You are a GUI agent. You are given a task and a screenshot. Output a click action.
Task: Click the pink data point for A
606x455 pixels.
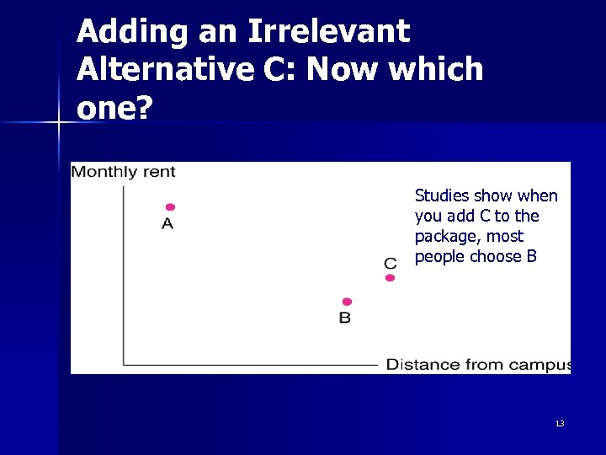click(170, 207)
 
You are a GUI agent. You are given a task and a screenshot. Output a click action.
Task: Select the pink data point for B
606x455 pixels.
click(347, 302)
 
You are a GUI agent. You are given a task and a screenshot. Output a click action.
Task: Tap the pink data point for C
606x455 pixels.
click(390, 278)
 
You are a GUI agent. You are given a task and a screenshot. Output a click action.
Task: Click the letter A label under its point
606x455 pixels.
click(167, 224)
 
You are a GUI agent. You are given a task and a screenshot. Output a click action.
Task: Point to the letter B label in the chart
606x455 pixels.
click(345, 318)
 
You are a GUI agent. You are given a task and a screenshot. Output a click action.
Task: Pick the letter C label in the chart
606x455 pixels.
click(391, 264)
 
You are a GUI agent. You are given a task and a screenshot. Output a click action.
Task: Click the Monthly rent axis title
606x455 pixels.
click(123, 172)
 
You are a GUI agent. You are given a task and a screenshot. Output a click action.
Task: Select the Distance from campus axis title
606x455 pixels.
click(477, 365)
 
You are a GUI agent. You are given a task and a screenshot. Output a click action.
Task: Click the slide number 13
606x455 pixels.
click(560, 423)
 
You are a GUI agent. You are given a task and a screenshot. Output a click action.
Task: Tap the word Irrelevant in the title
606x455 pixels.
click(327, 32)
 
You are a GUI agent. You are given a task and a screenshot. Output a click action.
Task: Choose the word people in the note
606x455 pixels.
click(440, 257)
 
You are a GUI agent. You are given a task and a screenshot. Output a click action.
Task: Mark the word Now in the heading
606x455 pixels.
click(341, 69)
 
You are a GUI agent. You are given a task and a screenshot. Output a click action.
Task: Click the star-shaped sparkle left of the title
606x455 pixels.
click(58, 124)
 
